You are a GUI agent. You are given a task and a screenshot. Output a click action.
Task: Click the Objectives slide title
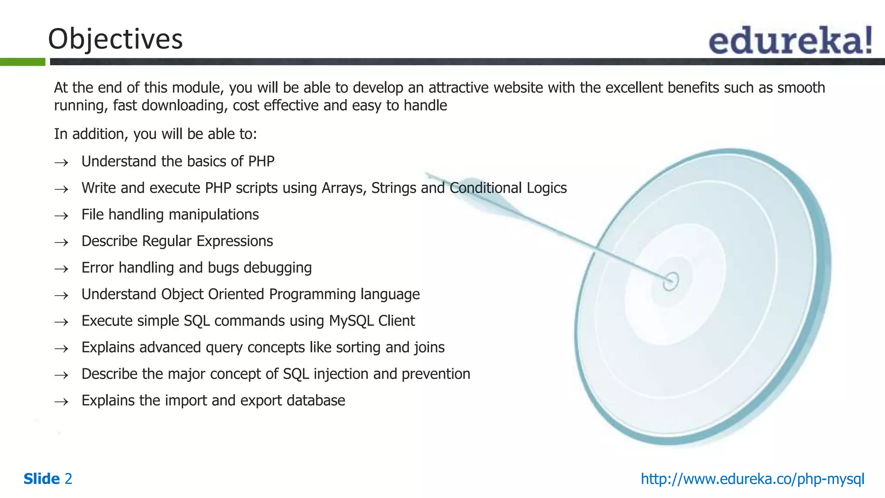pyautogui.click(x=115, y=39)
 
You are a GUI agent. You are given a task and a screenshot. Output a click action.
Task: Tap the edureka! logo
pyautogui.click(x=790, y=40)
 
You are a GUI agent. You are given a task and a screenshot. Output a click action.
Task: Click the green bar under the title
pyautogui.click(x=22, y=62)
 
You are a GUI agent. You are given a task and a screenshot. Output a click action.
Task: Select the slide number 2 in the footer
pyautogui.click(x=68, y=479)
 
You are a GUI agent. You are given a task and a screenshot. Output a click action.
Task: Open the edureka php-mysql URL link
pyautogui.click(x=752, y=479)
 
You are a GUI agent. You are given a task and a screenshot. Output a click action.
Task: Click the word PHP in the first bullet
pyautogui.click(x=261, y=161)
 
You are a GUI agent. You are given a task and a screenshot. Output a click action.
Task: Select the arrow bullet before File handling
pyautogui.click(x=61, y=215)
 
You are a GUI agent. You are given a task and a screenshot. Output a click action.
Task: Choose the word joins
pyautogui.click(x=429, y=348)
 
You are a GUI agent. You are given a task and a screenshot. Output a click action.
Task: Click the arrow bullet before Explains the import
pyautogui.click(x=61, y=402)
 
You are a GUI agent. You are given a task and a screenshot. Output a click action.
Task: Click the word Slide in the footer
pyautogui.click(x=41, y=479)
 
